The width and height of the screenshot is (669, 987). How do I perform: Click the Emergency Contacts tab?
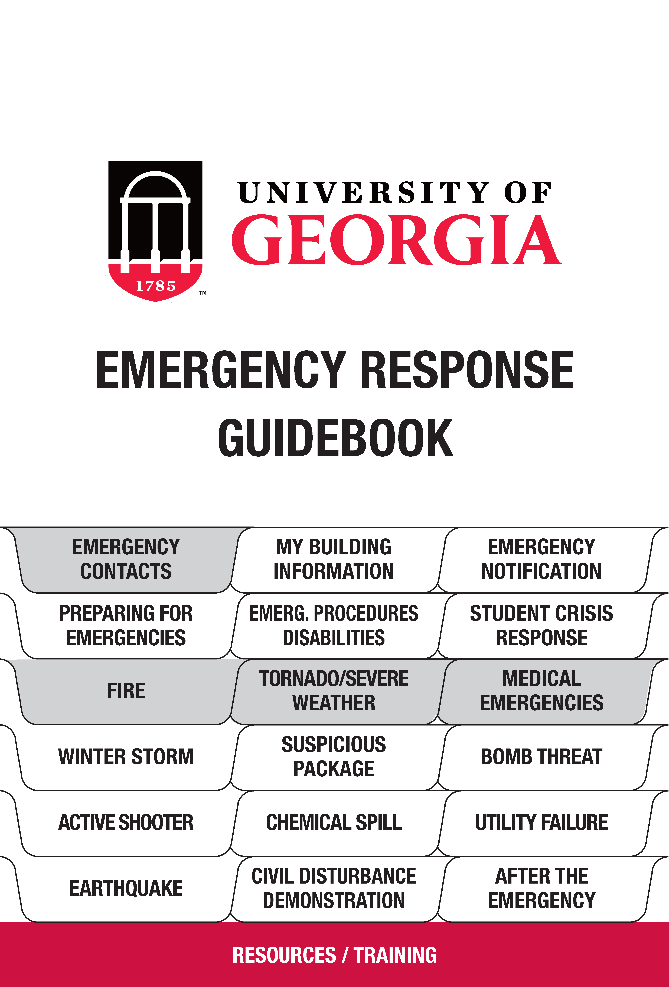(126, 559)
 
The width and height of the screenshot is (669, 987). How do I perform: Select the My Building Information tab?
(334, 559)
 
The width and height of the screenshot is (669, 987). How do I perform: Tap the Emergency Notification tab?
(542, 559)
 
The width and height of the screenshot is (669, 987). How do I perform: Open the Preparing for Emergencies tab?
(126, 625)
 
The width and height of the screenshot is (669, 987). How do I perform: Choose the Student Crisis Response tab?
(542, 625)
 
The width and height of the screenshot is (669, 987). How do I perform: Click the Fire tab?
(126, 691)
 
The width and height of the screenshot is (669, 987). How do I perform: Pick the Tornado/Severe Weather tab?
(334, 691)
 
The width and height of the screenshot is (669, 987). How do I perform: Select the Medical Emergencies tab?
(542, 691)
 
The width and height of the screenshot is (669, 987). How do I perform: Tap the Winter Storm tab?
(126, 757)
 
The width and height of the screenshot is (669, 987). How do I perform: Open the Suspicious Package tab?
(334, 757)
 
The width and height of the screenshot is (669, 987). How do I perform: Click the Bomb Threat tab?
(542, 757)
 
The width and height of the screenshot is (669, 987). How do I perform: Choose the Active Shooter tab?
(126, 823)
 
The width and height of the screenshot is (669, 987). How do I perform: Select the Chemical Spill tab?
(334, 823)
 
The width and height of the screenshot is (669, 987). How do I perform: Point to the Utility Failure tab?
(542, 823)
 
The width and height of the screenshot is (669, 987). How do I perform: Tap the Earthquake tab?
(126, 888)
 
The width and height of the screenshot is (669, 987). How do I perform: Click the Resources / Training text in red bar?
(334, 955)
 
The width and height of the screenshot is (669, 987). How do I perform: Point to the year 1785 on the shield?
(155, 286)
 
